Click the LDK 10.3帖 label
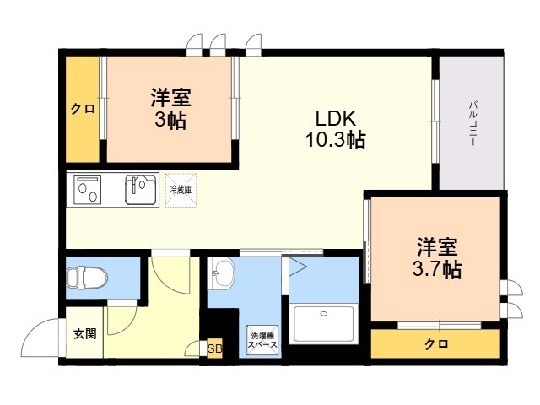[x=335, y=129]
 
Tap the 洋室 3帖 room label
[x=170, y=108]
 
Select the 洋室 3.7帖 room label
[x=437, y=258]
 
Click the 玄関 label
[x=84, y=333]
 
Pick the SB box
[x=214, y=348]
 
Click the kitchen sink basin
[x=141, y=189]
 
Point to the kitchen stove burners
[x=89, y=189]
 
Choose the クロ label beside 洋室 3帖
[x=82, y=108]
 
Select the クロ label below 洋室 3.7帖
[x=435, y=344]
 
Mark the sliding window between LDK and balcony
[x=435, y=118]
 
